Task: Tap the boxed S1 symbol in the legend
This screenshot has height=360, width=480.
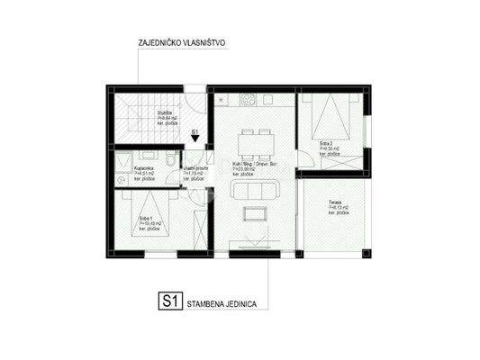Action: [x=168, y=304]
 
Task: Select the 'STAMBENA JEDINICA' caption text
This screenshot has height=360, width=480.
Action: [x=222, y=305]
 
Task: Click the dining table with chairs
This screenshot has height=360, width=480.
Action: [x=252, y=139]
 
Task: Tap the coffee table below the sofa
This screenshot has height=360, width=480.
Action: [x=251, y=212]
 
